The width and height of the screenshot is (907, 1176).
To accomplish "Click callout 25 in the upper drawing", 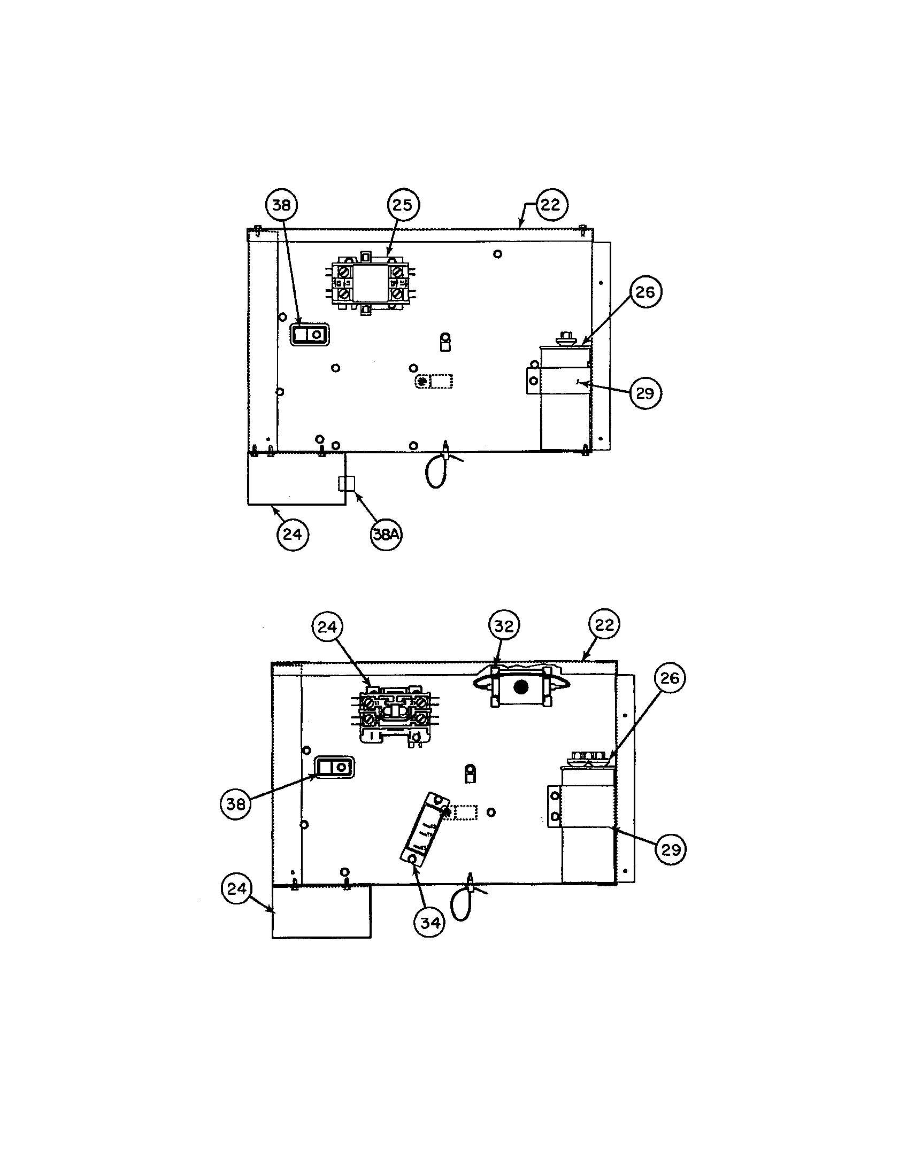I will click(402, 205).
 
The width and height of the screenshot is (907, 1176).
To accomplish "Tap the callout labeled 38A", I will click(386, 534).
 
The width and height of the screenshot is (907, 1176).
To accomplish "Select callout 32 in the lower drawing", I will click(504, 626).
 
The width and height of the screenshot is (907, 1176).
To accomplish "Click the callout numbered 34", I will click(429, 923).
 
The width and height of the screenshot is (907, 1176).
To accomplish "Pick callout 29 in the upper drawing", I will click(645, 393).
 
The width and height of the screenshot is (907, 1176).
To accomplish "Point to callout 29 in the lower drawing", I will click(671, 850).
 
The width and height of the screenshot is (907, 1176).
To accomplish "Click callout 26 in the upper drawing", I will click(645, 292).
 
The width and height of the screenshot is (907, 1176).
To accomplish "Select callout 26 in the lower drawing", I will click(670, 678).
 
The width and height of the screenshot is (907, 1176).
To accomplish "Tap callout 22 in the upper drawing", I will click(550, 205).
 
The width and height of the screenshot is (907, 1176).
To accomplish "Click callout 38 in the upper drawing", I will click(282, 205).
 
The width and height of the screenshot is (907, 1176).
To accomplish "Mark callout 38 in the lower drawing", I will click(236, 804).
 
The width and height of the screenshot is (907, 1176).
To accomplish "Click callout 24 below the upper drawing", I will click(293, 534).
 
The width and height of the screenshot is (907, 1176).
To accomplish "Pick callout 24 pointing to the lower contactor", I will click(327, 628).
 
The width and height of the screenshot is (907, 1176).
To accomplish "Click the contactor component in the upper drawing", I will click(370, 283).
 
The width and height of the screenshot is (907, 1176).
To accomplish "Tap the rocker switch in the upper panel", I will click(310, 335).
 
